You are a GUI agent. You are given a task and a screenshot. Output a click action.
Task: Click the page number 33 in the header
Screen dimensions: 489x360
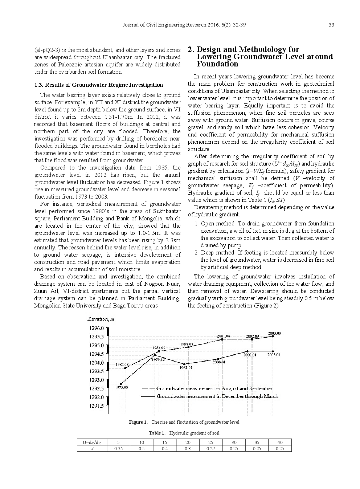[331, 25]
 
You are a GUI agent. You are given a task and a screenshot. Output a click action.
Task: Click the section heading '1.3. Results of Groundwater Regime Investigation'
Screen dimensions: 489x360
[98, 85]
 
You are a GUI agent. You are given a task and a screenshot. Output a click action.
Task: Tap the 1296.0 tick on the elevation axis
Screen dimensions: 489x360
[96, 328]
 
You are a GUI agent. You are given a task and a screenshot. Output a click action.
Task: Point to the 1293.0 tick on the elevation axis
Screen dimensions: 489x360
[96, 380]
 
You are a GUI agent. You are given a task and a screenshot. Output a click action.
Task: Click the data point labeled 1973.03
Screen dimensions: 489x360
[121, 384]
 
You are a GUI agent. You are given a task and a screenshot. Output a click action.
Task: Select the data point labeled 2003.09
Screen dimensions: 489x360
[273, 336]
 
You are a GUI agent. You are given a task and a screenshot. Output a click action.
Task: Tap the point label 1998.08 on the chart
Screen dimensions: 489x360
[187, 344]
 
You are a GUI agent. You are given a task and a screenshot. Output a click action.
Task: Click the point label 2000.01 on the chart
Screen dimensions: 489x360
[219, 362]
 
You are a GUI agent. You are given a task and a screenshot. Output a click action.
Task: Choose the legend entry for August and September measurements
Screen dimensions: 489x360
[214, 388]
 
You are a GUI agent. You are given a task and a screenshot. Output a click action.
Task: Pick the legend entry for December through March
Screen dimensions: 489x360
[217, 396]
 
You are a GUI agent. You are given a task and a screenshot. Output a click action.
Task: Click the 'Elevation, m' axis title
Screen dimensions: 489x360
[101, 319]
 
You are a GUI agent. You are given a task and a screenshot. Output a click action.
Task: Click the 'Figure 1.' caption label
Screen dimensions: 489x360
[138, 422]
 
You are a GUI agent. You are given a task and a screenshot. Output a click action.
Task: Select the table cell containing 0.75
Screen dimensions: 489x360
[119, 449]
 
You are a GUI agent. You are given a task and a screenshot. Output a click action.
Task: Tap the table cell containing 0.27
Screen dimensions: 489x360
[211, 449]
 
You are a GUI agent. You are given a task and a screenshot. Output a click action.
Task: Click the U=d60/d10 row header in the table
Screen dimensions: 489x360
[92, 443]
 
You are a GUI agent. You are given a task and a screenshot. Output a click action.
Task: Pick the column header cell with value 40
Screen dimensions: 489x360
[280, 443]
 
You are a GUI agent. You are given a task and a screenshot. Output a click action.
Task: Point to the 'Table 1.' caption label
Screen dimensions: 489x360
[157, 433]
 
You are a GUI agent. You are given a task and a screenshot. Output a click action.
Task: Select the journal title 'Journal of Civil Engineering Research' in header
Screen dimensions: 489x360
[162, 25]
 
